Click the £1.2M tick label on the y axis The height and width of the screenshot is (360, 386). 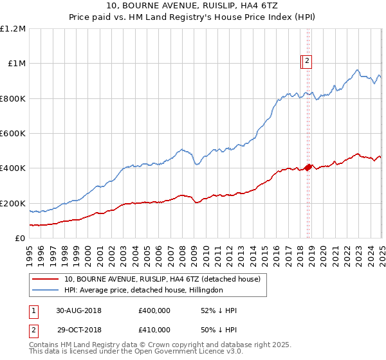pyautogui.click(x=13, y=29)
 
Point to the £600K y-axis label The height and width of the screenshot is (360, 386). pyautogui.click(x=13, y=134)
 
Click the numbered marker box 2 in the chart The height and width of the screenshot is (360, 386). pyautogui.click(x=308, y=62)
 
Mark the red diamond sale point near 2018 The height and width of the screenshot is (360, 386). pyautogui.click(x=308, y=167)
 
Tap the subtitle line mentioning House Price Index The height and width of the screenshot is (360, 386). pyautogui.click(x=193, y=19)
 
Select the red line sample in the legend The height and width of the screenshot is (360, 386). pyautogui.click(x=46, y=280)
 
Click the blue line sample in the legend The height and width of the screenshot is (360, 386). pyautogui.click(x=46, y=291)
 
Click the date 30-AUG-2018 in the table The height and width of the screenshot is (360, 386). pyautogui.click(x=78, y=310)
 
